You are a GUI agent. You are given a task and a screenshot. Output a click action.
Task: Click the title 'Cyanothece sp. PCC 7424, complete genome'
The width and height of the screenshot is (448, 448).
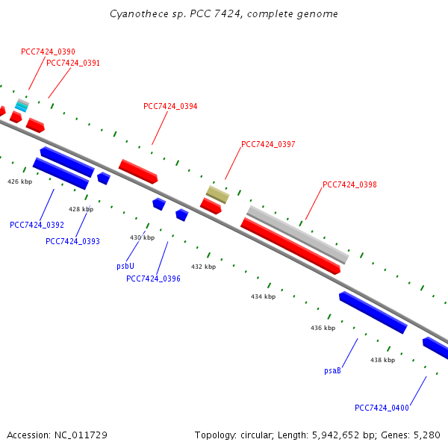pos(223,14)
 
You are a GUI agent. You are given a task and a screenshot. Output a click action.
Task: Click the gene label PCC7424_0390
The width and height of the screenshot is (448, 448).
pos(48,52)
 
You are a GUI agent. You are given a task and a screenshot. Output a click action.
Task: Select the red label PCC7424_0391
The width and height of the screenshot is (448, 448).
pos(73,63)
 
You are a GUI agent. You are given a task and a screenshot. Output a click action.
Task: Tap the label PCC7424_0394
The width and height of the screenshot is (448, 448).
pos(170,106)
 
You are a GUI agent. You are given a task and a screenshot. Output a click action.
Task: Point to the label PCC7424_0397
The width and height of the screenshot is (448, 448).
pos(268,144)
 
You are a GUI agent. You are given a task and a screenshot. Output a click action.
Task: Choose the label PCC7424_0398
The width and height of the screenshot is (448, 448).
pos(349,184)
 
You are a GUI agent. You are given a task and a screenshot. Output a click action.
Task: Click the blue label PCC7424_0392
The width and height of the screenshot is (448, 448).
pos(37,225)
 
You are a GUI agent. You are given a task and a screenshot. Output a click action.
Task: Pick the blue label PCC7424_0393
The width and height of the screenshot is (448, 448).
pos(72,241)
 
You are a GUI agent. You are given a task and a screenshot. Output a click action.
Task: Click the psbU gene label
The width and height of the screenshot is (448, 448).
pos(125,265)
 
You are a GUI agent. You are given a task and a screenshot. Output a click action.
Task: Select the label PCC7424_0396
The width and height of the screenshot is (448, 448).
pos(153,279)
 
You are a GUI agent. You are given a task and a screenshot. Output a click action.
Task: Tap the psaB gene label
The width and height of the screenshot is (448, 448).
pos(332,370)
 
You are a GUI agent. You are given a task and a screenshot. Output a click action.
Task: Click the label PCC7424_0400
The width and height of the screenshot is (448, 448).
pos(382,408)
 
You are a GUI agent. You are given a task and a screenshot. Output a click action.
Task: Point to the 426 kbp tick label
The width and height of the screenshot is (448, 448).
pos(20,181)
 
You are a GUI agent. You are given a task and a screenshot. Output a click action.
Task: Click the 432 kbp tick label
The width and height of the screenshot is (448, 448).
pos(203,267)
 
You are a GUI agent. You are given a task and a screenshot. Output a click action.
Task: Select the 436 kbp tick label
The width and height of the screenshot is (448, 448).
pos(323,328)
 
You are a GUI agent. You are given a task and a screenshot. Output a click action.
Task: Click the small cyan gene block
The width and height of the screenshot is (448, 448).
pos(22,106)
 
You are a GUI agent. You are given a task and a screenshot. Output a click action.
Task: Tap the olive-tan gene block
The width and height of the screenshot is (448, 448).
pos(217,195)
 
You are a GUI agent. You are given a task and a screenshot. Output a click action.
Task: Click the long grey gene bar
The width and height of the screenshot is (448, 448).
pos(297,234)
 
